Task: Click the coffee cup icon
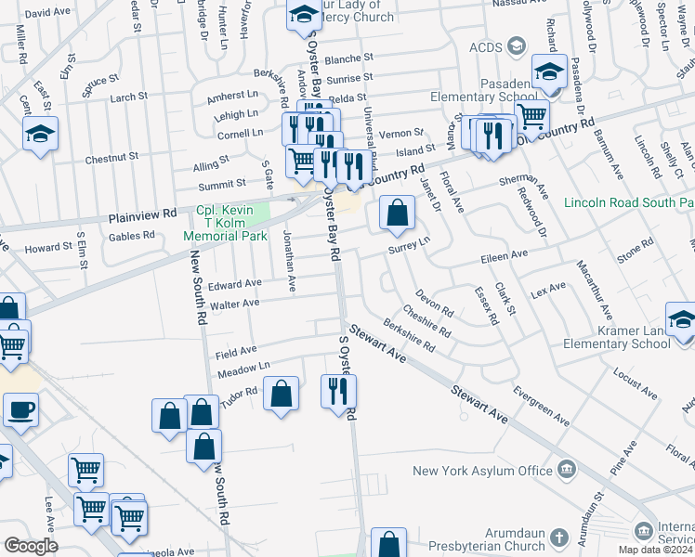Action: point(20,409)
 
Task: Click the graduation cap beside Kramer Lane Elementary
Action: point(681,319)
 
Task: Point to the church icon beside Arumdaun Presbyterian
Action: point(559,537)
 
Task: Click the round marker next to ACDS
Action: point(518,47)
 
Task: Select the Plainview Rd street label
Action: point(142,216)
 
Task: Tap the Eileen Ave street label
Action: point(504,253)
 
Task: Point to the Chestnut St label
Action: point(111,159)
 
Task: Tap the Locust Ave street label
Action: point(635,383)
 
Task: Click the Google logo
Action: point(32,545)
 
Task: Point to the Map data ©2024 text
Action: point(655,551)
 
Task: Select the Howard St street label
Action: point(48,248)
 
